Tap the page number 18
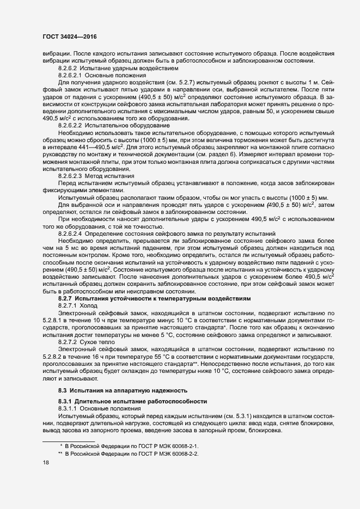[x=46, y=462]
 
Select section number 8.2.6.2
[x=68, y=69]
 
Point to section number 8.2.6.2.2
[x=70, y=125]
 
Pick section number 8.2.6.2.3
[x=70, y=176]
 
